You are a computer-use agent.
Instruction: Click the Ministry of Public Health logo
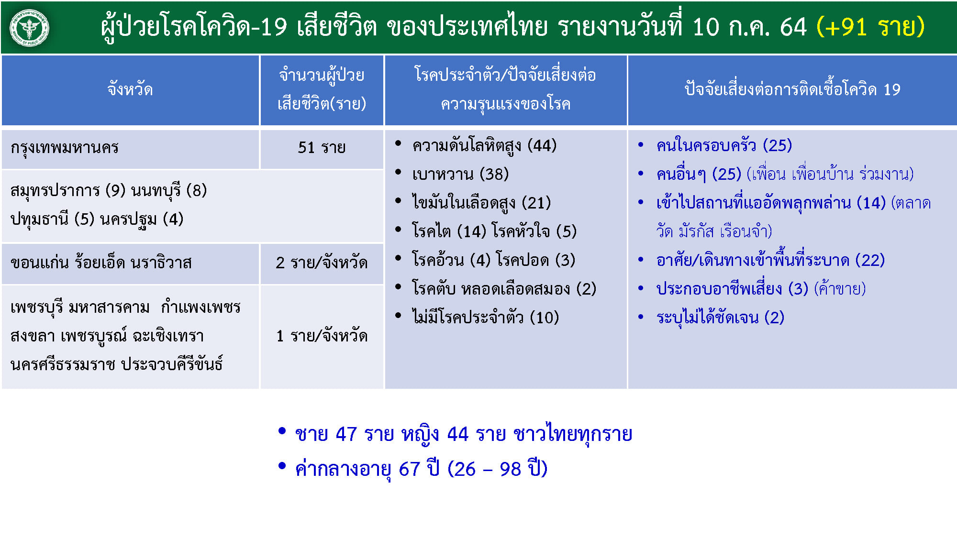tap(29, 27)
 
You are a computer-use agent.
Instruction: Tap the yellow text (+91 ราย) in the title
tap(870, 27)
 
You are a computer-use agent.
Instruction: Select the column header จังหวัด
tap(130, 89)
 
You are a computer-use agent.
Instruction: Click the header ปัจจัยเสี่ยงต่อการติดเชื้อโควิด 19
tap(792, 89)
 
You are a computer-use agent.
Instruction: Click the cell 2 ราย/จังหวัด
tap(322, 263)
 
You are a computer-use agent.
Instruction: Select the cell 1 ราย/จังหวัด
tap(322, 336)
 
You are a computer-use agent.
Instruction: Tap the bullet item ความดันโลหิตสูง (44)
tap(484, 145)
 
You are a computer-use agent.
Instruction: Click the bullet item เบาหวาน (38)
tap(460, 174)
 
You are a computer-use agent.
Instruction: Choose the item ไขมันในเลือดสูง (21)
tap(481, 203)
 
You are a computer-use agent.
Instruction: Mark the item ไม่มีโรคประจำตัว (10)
tap(485, 317)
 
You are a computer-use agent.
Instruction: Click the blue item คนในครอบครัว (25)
tap(724, 145)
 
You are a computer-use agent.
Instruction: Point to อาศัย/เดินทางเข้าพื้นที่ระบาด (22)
tap(770, 260)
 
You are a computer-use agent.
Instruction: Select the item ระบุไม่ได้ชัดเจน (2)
tap(720, 318)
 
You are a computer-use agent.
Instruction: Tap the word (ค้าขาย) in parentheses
tap(840, 289)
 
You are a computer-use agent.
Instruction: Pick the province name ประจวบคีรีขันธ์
tap(172, 364)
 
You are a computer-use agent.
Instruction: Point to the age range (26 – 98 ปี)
tap(497, 469)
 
